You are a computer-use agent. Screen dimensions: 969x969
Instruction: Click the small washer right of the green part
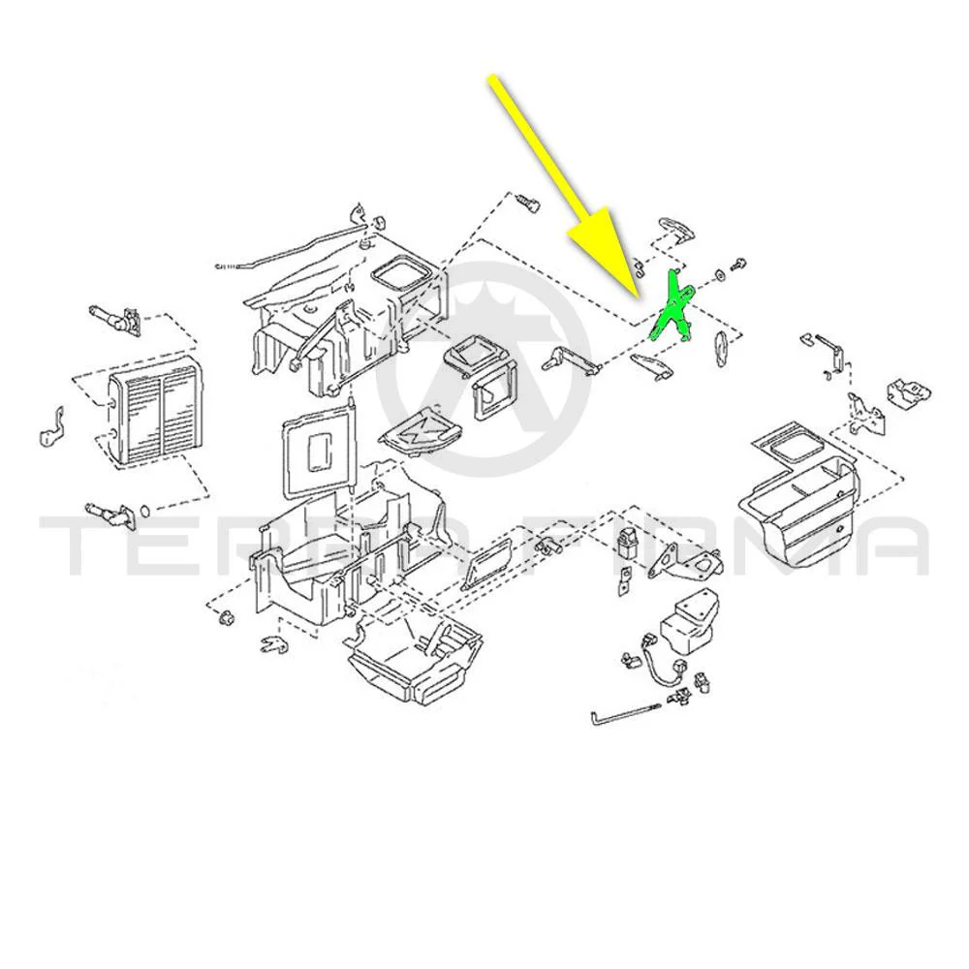[720, 274]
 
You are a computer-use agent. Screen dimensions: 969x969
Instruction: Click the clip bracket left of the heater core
[51, 427]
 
